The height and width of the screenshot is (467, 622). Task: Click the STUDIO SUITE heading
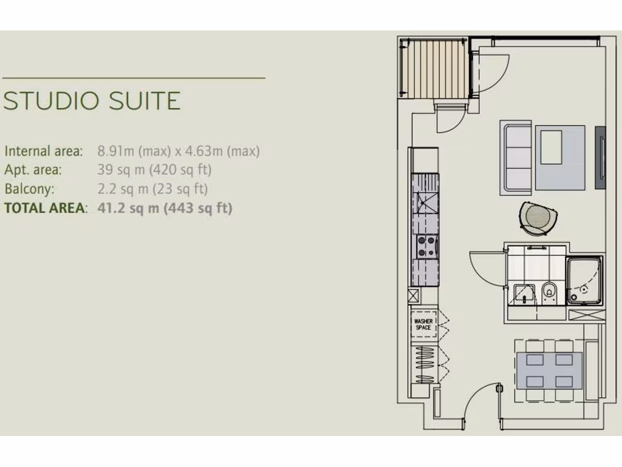(92, 101)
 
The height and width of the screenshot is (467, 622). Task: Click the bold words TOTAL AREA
(44, 208)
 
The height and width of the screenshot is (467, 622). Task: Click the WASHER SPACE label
(423, 325)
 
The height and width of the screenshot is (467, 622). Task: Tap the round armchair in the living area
(538, 218)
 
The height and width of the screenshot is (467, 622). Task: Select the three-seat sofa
(516, 157)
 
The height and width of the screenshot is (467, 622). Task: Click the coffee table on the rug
(552, 147)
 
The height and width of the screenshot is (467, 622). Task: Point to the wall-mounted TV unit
(601, 157)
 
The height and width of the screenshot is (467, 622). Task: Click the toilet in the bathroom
(549, 292)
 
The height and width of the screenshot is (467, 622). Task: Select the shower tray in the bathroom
(584, 280)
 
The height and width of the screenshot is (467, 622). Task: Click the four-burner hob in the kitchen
(425, 247)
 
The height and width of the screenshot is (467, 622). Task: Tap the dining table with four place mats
(549, 371)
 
